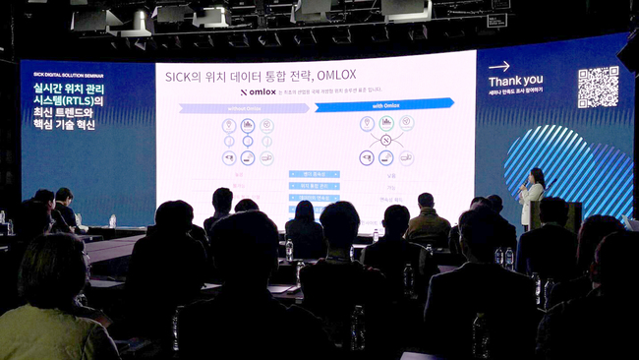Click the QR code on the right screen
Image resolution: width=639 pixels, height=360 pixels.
point(598,88)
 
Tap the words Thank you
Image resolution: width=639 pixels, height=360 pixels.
point(515,80)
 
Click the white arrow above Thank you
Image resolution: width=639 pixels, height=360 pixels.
point(499,66)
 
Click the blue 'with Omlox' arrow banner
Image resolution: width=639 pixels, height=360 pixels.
point(384,104)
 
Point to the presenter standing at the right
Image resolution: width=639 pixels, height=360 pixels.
point(532,197)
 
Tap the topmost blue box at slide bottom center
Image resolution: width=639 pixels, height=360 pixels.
point(314,174)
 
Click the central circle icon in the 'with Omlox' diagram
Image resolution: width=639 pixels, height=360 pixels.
point(385,141)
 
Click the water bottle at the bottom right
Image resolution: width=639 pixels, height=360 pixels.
point(479,335)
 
